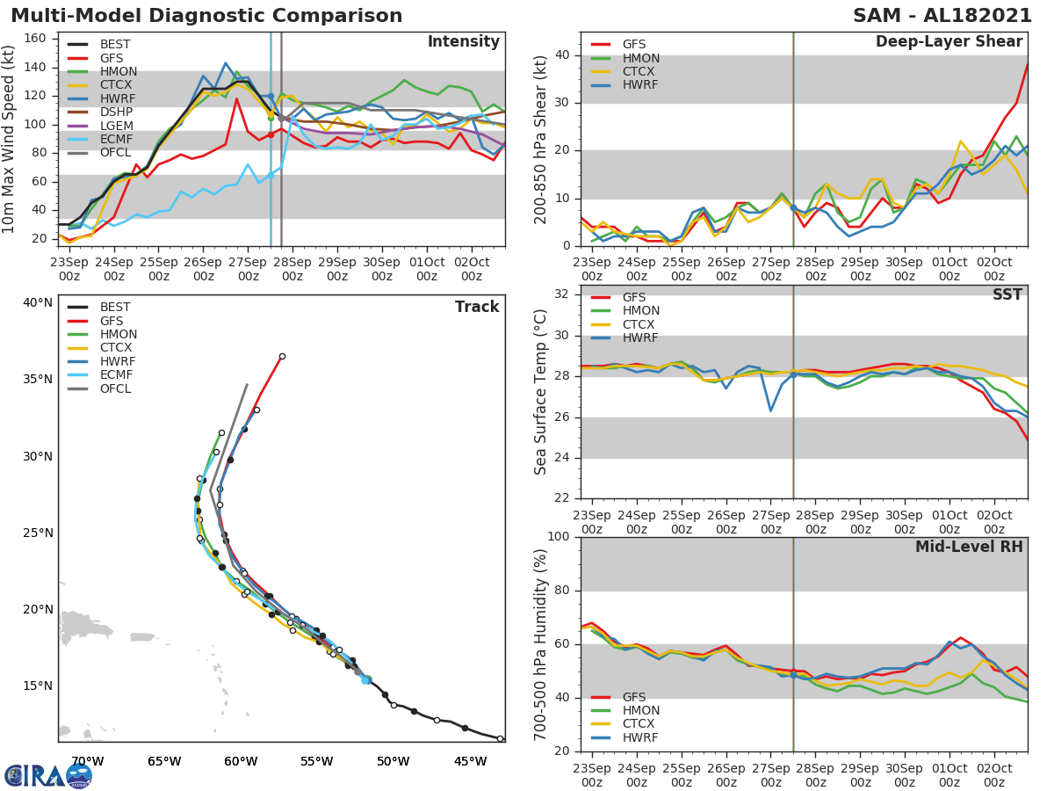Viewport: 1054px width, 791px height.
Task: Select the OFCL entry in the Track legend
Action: (114, 388)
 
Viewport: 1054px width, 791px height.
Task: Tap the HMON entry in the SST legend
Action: (641, 311)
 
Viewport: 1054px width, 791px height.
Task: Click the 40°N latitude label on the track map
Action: (38, 303)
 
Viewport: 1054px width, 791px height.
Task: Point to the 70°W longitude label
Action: (87, 761)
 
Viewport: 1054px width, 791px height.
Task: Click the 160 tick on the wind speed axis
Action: (35, 39)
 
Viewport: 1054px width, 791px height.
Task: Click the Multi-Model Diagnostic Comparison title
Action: (206, 16)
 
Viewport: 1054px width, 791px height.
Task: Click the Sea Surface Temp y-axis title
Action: (541, 392)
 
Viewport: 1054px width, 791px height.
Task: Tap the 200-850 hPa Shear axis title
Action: (541, 140)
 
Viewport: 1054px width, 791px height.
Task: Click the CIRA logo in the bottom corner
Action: (47, 775)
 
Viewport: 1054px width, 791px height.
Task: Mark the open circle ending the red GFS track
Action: (282, 356)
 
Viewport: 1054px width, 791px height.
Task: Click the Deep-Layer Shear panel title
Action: (949, 42)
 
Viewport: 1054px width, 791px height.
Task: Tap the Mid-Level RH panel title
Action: (969, 547)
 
